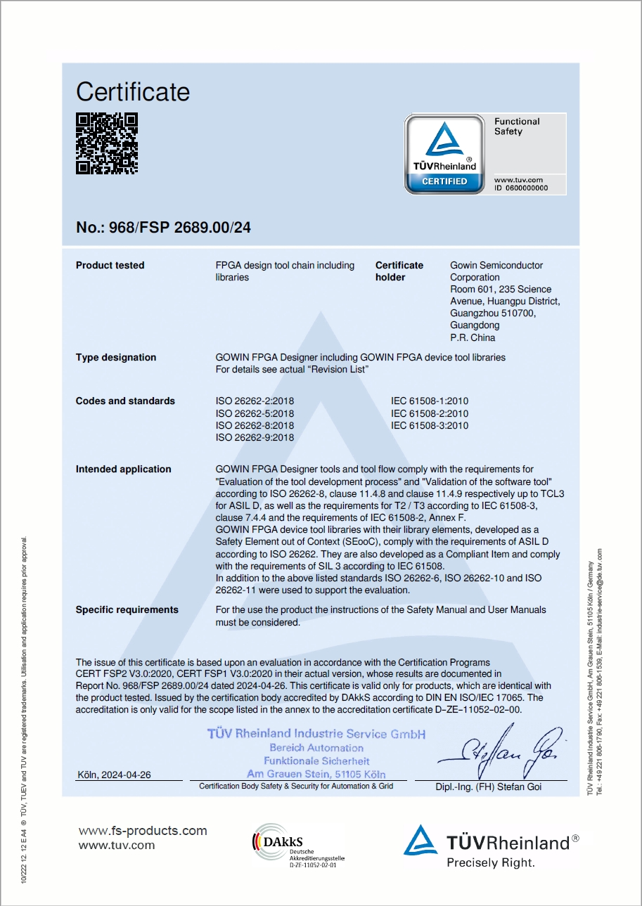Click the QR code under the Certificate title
tap(107, 143)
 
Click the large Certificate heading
tap(133, 92)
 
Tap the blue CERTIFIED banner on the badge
tap(444, 181)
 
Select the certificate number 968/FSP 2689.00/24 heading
tap(163, 228)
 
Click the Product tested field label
tap(110, 266)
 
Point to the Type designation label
tap(116, 358)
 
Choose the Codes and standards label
tap(125, 401)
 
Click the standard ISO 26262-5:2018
tap(255, 413)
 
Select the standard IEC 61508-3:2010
tap(430, 425)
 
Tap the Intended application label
tap(123, 470)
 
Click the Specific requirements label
tap(127, 610)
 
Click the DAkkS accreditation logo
tap(298, 847)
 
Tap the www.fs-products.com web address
tap(143, 831)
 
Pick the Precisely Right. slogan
tap(491, 862)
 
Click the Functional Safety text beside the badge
tap(517, 127)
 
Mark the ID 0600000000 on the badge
tap(520, 188)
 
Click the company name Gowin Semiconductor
tap(496, 266)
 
